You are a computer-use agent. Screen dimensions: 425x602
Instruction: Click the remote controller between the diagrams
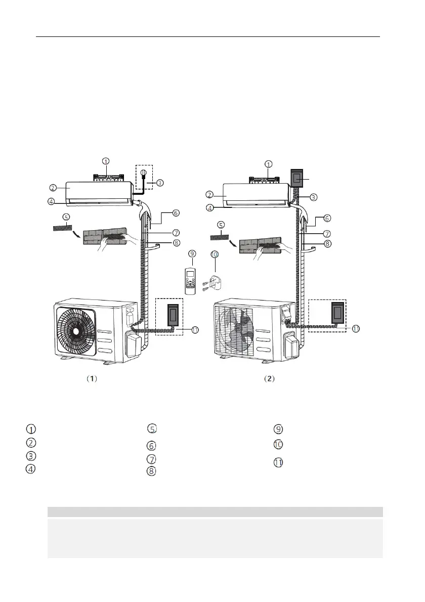pyautogui.click(x=190, y=281)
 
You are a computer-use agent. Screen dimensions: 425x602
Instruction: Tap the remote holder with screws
pyautogui.click(x=214, y=283)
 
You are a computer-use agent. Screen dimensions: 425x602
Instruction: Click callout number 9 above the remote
pyautogui.click(x=192, y=254)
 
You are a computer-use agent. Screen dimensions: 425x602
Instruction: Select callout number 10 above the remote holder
pyautogui.click(x=215, y=254)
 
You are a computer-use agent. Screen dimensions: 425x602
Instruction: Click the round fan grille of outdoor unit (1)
pyautogui.click(x=75, y=331)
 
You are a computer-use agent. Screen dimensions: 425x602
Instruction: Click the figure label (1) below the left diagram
pyautogui.click(x=92, y=378)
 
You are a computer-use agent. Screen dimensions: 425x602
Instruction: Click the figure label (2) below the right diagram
pyautogui.click(x=270, y=378)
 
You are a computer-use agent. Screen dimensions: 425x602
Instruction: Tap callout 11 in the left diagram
pyautogui.click(x=195, y=330)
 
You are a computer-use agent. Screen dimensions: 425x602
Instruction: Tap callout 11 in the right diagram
pyautogui.click(x=356, y=329)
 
